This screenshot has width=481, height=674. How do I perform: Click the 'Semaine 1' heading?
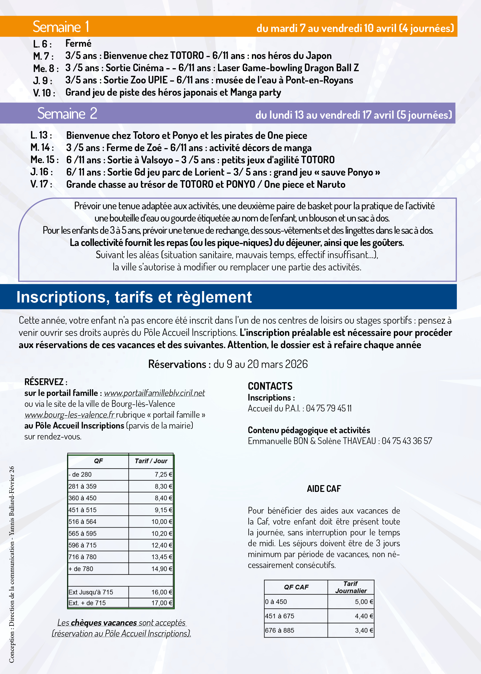[x=61, y=27]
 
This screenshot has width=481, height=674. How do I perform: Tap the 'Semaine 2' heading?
[x=67, y=113]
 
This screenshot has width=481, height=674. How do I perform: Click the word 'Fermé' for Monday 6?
[x=78, y=43]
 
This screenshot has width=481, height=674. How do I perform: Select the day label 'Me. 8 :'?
[x=46, y=68]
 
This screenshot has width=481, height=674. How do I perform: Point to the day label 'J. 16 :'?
[x=42, y=172]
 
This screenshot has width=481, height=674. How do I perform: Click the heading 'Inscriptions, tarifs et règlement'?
[x=134, y=297]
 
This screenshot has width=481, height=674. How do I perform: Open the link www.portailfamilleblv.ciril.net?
[x=154, y=393]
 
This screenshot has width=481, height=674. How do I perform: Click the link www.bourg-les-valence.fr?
[x=69, y=414]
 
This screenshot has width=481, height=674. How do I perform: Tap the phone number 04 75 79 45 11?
[x=329, y=408]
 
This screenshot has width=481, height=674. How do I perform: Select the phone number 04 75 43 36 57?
[x=407, y=441]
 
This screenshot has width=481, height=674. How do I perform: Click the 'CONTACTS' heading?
[x=270, y=386]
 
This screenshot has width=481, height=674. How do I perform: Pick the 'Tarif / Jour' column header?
[x=151, y=461]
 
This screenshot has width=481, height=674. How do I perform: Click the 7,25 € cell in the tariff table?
[x=163, y=475]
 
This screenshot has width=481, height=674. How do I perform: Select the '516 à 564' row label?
[x=82, y=522]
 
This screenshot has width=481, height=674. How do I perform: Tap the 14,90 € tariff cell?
[x=162, y=569]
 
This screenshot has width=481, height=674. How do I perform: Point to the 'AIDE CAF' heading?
[x=324, y=489]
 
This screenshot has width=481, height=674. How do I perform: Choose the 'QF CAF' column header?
[x=296, y=587]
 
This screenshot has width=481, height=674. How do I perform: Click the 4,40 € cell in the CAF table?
[x=364, y=616]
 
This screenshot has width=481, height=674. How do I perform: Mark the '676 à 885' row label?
[x=279, y=630]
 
